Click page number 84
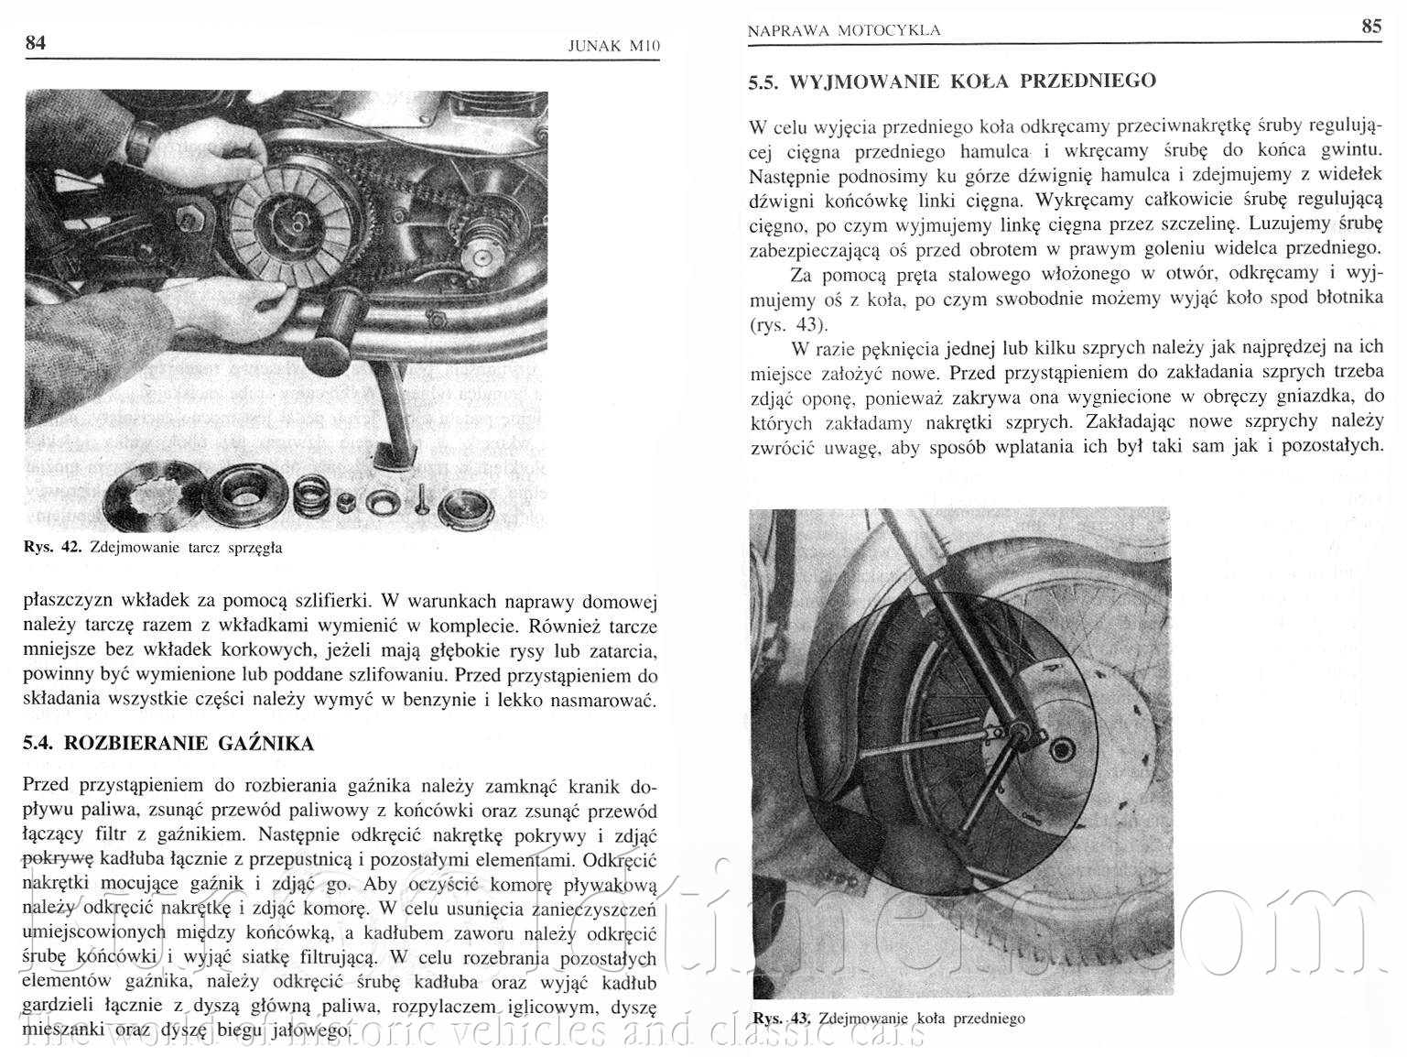point(35,43)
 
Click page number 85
point(1370,27)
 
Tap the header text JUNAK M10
point(613,46)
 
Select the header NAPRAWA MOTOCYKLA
point(843,30)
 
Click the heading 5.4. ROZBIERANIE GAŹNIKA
point(168,743)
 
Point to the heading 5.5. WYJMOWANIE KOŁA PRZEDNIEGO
point(952,82)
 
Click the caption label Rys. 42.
point(52,548)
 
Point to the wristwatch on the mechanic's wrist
point(139,139)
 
